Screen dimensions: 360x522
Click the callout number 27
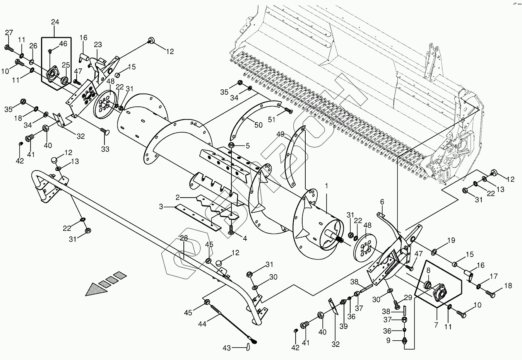pyautogui.click(x=9, y=33)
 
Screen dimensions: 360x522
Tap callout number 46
pyautogui.click(x=63, y=44)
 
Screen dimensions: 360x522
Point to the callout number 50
pyautogui.click(x=258, y=125)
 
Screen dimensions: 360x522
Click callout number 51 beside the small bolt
pyautogui.click(x=272, y=119)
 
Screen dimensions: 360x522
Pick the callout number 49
pyautogui.click(x=281, y=134)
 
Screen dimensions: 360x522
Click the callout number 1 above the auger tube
pyautogui.click(x=326, y=186)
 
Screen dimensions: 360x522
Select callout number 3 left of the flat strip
pyautogui.click(x=161, y=207)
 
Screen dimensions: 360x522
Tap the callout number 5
pyautogui.click(x=248, y=146)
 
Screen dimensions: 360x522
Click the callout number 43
pyautogui.click(x=227, y=348)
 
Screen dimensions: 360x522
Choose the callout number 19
pyautogui.click(x=451, y=241)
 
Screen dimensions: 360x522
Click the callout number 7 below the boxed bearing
pyautogui.click(x=436, y=325)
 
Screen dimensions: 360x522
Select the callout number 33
pyautogui.click(x=105, y=149)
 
